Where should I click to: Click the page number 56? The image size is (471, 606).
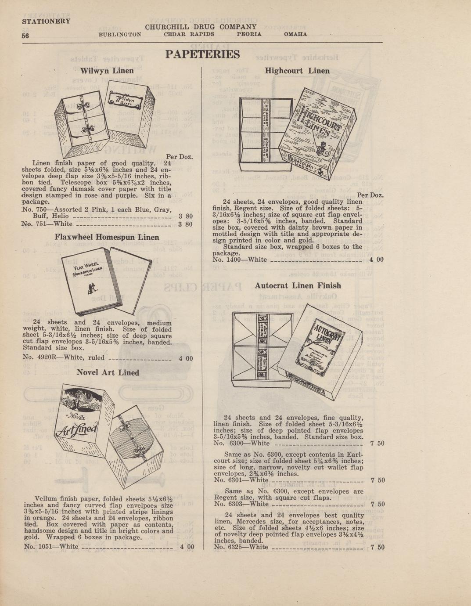click(25, 36)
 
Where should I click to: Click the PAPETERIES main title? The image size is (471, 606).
click(202, 54)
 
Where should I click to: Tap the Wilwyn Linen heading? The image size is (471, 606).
click(107, 70)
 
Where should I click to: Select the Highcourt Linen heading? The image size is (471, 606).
click(298, 71)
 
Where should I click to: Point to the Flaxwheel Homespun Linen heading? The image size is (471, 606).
click(107, 237)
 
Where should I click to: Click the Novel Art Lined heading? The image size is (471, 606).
click(108, 372)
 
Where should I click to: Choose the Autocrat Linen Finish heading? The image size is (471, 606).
click(298, 285)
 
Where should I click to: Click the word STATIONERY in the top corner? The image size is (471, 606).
click(46, 21)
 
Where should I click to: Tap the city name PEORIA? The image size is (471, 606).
click(249, 34)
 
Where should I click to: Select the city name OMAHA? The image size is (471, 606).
click(295, 34)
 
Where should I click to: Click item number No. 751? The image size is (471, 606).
click(33, 224)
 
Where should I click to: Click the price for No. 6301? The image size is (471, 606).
click(378, 480)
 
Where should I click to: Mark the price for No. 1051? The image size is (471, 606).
click(187, 547)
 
